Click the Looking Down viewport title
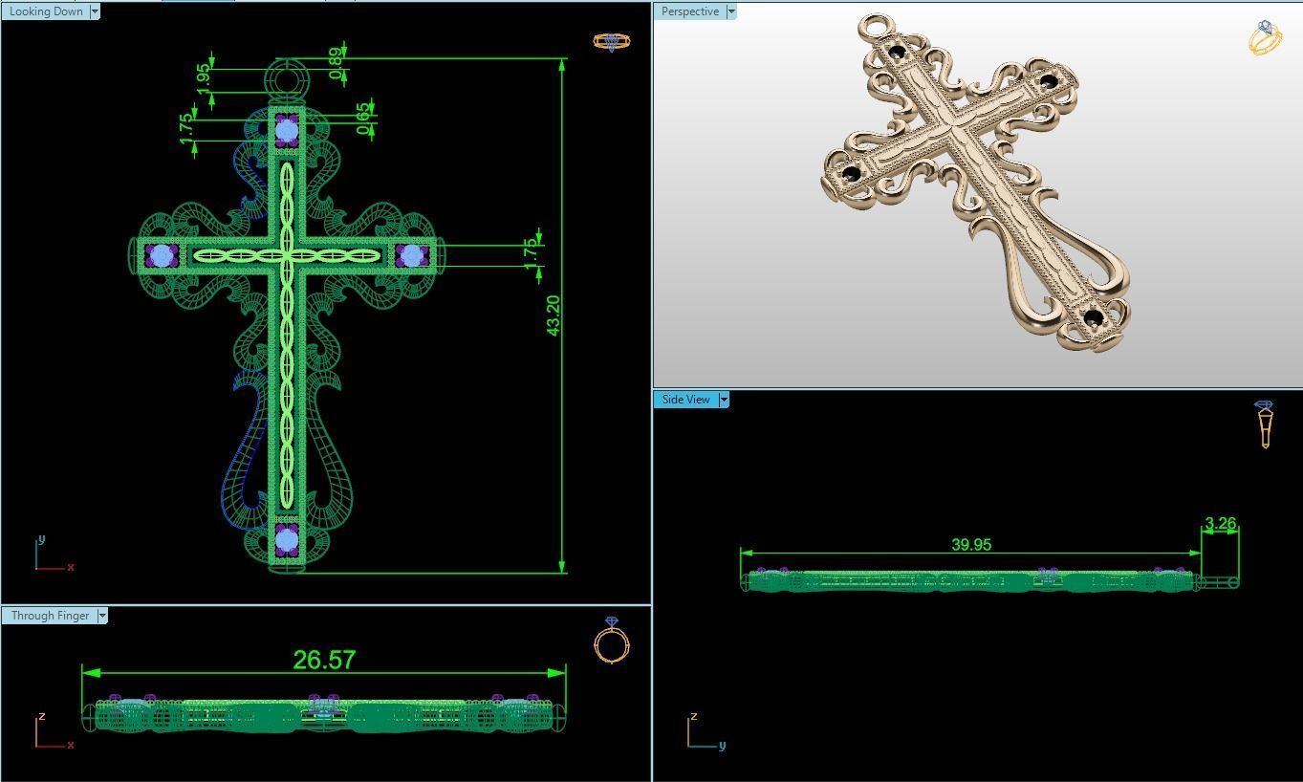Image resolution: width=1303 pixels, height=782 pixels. (x=46, y=11)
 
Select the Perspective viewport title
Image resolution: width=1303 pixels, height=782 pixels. (x=689, y=11)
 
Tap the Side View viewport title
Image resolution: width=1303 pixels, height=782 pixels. (x=685, y=400)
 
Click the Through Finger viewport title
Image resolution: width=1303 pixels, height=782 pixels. (x=50, y=616)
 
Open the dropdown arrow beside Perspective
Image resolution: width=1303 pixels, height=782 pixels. (x=731, y=11)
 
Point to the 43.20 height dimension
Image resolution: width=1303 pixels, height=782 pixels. (x=553, y=315)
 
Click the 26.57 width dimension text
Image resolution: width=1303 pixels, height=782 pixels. (x=324, y=660)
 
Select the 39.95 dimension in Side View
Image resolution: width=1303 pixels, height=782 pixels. (x=971, y=544)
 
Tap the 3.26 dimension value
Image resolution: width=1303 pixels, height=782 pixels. (x=1220, y=524)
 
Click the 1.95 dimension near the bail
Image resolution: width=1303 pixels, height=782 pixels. (x=204, y=80)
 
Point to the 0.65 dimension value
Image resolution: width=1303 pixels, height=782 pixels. (x=363, y=119)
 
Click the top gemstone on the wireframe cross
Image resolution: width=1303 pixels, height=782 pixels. (x=287, y=131)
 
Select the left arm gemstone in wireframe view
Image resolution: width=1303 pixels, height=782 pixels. (x=161, y=255)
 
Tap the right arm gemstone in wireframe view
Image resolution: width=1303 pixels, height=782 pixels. (x=412, y=255)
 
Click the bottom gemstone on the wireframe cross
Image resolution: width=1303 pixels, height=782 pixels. (x=287, y=540)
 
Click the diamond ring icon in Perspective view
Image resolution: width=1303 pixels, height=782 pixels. (x=1265, y=37)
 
